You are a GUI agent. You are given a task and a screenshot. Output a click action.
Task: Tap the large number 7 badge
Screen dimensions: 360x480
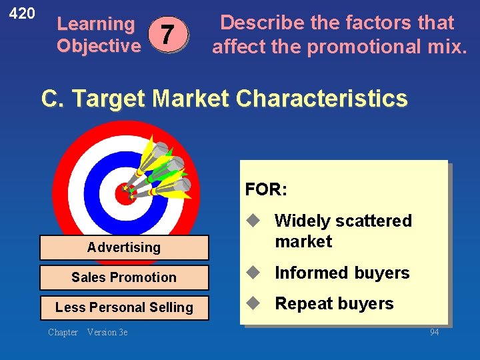[x=169, y=33]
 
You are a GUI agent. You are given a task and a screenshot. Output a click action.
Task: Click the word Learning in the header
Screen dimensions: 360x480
[x=95, y=24]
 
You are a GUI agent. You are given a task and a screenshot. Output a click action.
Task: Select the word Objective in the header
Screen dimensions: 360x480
[x=99, y=46]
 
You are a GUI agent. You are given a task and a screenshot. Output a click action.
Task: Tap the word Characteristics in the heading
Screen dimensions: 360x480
[x=321, y=99]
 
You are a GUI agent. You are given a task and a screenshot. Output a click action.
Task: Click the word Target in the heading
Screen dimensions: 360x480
[x=109, y=99]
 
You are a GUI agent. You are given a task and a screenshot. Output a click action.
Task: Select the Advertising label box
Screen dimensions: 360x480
[x=124, y=247]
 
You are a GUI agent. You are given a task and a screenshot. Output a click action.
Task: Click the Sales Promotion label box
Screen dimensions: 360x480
[x=124, y=277]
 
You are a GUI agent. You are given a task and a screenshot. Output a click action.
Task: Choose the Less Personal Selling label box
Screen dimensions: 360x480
[x=124, y=307]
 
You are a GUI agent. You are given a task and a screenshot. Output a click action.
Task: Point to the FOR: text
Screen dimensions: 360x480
[x=266, y=189]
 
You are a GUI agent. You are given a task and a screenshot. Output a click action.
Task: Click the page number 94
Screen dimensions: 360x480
[x=434, y=332]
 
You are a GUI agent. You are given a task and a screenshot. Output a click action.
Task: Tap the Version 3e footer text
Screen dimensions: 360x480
[x=107, y=332]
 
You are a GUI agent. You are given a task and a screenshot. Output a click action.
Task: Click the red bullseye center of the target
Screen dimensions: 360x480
[x=125, y=193]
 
